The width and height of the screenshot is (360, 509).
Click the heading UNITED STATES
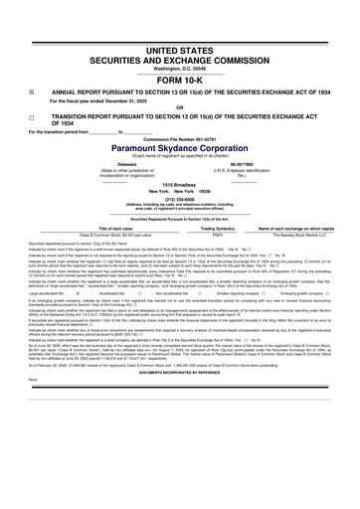point(179,49)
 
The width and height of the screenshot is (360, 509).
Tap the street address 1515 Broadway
point(179,185)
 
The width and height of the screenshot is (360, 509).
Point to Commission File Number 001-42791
point(179,136)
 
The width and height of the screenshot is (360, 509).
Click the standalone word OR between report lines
point(179,108)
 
